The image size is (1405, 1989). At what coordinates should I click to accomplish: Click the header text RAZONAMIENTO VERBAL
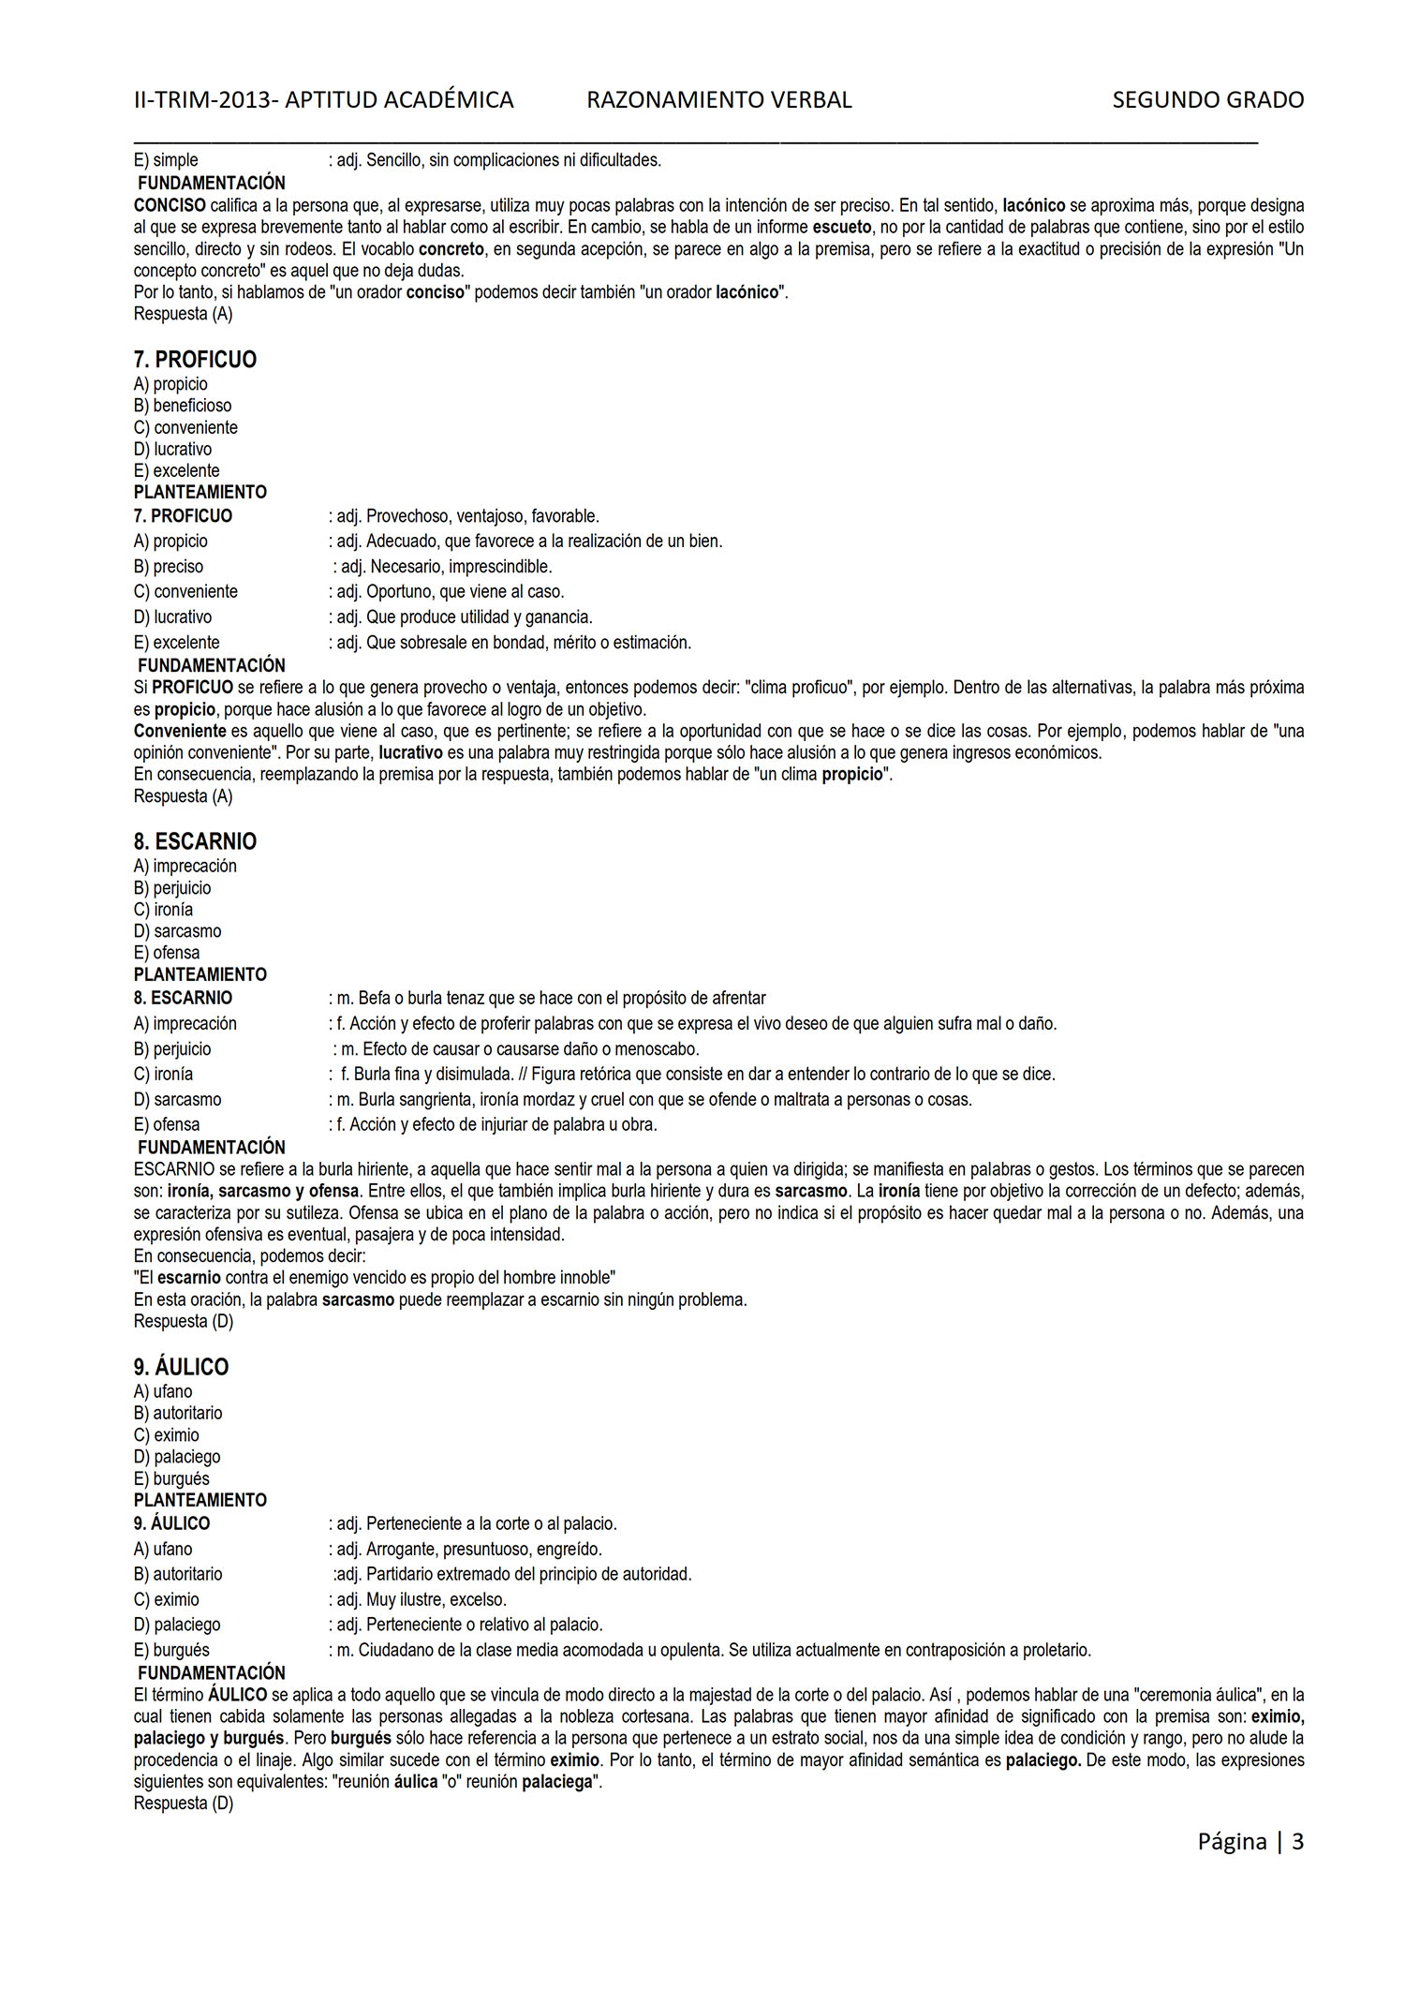tap(718, 100)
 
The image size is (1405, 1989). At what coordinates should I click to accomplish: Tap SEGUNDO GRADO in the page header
tap(1207, 100)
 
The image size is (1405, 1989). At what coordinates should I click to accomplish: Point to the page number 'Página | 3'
tap(1250, 1841)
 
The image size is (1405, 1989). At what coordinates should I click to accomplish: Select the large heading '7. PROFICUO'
tap(195, 360)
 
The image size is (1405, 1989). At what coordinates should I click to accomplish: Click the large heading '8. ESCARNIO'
tap(195, 841)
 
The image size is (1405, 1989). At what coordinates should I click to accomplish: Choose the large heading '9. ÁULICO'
tap(181, 1367)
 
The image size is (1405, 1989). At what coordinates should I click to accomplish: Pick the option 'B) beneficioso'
tap(183, 406)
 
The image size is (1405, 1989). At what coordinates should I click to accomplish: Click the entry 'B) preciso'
tap(169, 567)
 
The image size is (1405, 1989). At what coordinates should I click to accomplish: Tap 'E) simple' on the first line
tap(166, 160)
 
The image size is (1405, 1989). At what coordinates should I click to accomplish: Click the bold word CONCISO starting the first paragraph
tap(170, 205)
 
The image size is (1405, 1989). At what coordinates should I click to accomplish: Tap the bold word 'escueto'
tap(841, 227)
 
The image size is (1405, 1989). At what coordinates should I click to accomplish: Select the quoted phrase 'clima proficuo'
tap(797, 688)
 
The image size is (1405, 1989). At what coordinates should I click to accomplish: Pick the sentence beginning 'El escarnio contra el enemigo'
tap(375, 1278)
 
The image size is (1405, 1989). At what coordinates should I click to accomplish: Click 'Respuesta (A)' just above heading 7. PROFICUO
tap(183, 314)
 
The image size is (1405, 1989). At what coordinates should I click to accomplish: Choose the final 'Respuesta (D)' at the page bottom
tap(183, 1803)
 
